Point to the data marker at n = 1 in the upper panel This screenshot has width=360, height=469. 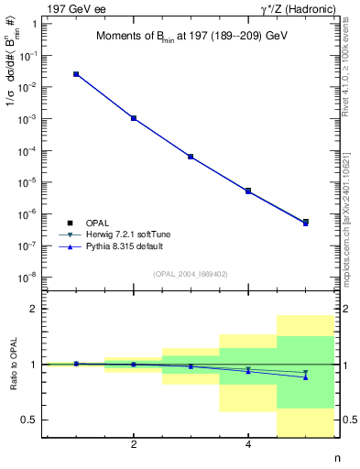click(76, 74)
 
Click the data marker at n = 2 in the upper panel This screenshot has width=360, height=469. click(134, 118)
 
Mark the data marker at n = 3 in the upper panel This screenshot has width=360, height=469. click(191, 157)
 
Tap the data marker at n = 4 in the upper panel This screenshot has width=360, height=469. click(248, 191)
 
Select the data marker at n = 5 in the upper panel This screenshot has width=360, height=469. click(306, 222)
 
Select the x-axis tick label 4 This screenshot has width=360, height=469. click(248, 445)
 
